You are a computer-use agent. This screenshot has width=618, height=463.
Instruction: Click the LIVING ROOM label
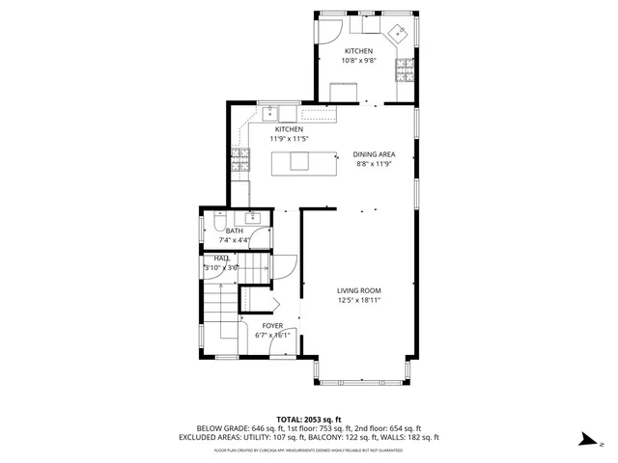[x=359, y=290]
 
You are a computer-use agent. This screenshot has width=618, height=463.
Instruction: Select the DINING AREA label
[x=373, y=154]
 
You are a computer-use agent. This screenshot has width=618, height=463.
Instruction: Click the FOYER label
[x=273, y=326]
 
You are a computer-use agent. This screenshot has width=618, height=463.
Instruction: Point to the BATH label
[x=235, y=231]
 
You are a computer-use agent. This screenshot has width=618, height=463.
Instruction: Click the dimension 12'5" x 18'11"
[x=359, y=300]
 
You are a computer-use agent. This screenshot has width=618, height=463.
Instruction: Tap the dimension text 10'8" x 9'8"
[x=358, y=61]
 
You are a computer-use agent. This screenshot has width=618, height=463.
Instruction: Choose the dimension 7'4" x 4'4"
[x=235, y=241]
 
